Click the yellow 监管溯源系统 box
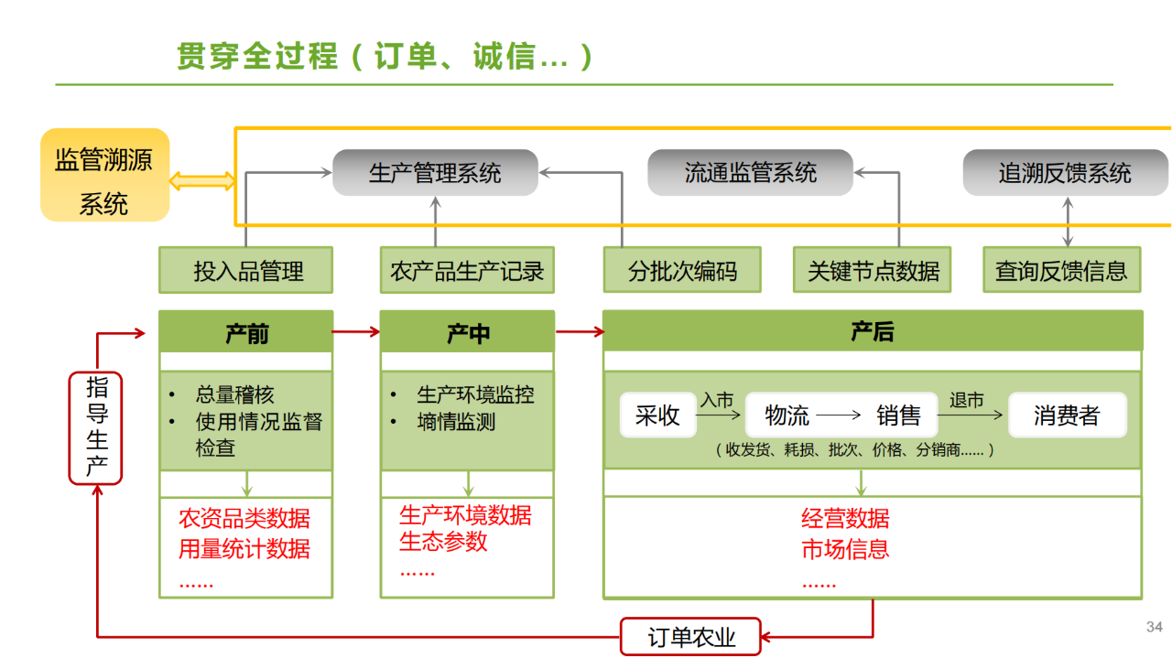[104, 175]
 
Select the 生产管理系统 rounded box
[435, 173]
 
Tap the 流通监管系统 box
[750, 173]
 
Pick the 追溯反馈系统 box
[1065, 173]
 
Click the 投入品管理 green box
[245, 270]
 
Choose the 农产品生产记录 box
[467, 270]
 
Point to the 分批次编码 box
[682, 270]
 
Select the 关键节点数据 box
[872, 270]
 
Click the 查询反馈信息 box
[1062, 270]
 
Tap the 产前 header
[245, 332]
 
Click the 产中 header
[467, 332]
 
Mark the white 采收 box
[657, 415]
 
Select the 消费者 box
[1067, 415]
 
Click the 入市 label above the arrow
[717, 401]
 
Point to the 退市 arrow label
[967, 401]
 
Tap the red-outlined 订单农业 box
[691, 637]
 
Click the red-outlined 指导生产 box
[96, 427]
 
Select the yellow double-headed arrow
[202, 181]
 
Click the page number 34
[1154, 628]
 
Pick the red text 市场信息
[845, 549]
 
